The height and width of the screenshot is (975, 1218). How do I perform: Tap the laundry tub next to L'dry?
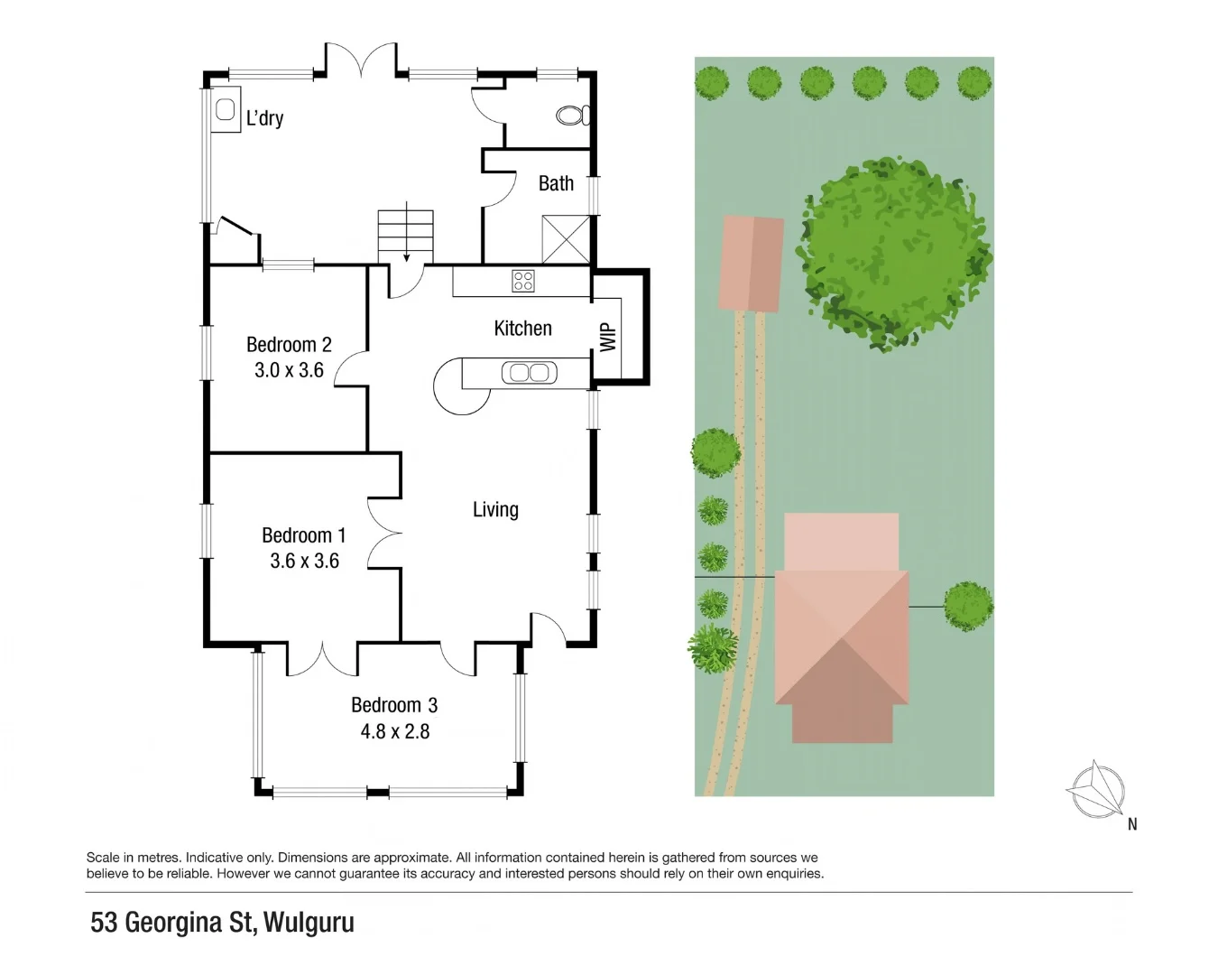click(x=226, y=109)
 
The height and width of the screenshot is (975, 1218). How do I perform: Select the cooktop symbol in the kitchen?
click(x=523, y=281)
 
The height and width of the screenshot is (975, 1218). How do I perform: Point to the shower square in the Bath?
click(x=566, y=239)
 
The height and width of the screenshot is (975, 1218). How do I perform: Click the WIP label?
click(x=608, y=338)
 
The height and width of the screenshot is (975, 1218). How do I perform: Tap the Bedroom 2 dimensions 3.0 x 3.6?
click(x=289, y=370)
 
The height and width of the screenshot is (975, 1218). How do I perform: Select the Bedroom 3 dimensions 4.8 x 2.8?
click(x=395, y=731)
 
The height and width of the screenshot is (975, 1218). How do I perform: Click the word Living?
click(x=495, y=509)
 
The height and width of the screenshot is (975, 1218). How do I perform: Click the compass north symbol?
click(x=1095, y=789)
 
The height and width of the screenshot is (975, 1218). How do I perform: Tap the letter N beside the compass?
click(x=1132, y=823)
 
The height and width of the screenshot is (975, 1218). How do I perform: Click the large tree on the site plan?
click(x=894, y=254)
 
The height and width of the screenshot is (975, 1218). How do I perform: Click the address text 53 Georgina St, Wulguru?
click(x=222, y=923)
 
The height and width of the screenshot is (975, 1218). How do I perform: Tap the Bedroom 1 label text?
click(x=303, y=535)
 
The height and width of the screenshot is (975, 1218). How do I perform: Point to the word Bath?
click(x=556, y=183)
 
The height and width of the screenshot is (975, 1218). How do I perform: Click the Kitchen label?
click(x=522, y=329)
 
